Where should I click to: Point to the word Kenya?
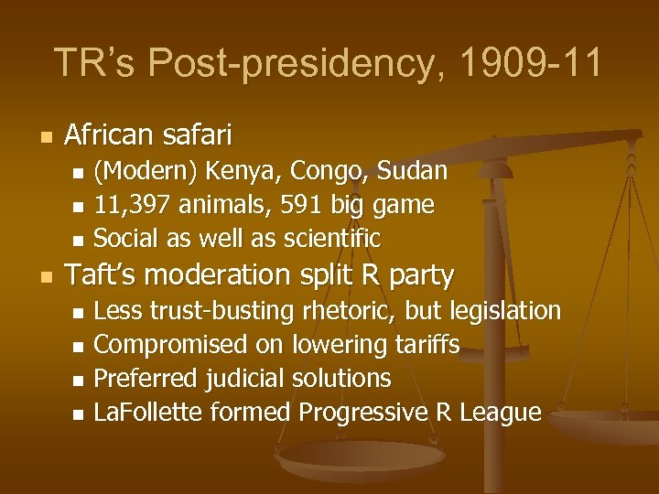pos(240,171)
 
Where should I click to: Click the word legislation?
pos(504,311)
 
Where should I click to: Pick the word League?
pos(501,413)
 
